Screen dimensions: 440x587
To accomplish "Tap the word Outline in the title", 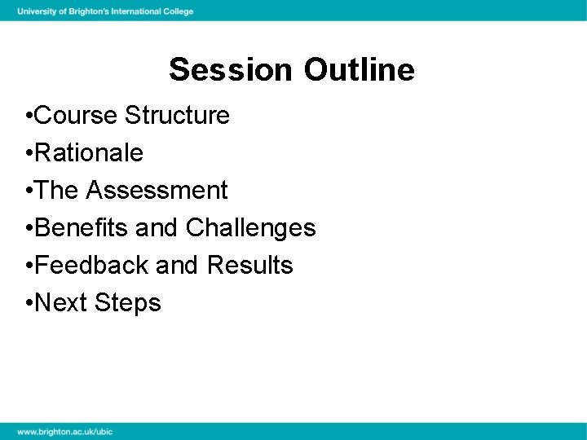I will point(360,70).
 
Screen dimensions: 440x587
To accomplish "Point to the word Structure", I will point(177,116).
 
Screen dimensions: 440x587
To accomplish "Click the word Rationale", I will point(89,153).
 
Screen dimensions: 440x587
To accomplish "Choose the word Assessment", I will point(157,191).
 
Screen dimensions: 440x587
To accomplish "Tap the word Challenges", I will point(250,228).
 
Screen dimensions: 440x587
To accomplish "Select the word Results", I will point(250,266).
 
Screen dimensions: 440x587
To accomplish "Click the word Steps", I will point(128,303).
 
